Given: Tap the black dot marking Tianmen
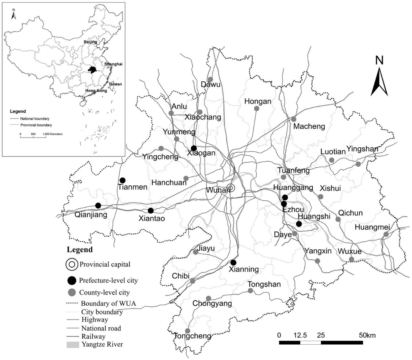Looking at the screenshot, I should [123, 180].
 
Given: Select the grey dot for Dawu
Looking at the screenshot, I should [210, 79].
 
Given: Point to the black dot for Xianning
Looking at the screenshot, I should [233, 263].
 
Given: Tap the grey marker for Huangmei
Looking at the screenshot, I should [386, 234].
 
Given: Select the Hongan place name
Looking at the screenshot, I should [257, 102].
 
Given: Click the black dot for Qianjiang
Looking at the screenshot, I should [98, 206].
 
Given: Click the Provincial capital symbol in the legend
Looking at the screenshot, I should [72, 265].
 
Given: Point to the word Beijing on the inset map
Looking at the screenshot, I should [91, 42].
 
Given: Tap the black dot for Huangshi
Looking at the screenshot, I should [299, 224].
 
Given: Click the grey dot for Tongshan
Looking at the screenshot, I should [250, 291].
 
